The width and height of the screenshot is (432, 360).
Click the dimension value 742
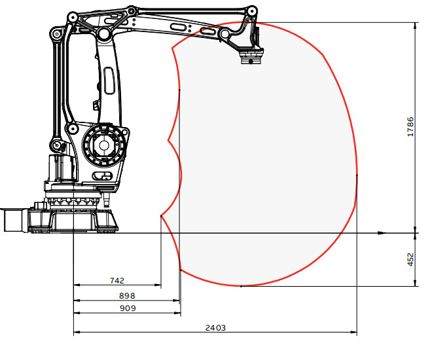117,281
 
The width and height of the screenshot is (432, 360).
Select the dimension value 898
127,296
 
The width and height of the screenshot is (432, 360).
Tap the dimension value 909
128,308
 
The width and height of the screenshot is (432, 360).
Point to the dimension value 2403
215,328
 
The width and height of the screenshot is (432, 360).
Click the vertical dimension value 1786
410,127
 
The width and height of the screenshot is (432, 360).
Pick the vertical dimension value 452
410,260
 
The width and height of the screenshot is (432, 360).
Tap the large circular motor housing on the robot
104,145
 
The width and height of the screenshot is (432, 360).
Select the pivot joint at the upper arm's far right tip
251,12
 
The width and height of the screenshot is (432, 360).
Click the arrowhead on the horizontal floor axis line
382,233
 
